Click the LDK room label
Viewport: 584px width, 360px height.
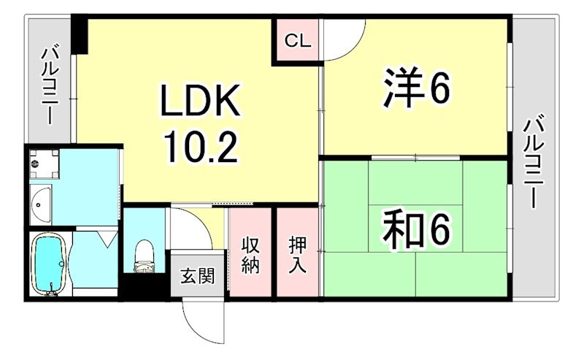[199, 100]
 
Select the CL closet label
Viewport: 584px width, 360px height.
[298, 41]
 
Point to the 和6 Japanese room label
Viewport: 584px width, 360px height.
[417, 229]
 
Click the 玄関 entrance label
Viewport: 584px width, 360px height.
[197, 276]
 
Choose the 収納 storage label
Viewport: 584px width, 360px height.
[250, 255]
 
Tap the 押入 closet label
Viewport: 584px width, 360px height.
[298, 255]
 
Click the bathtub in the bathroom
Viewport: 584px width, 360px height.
[50, 264]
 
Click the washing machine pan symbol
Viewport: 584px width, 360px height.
[45, 164]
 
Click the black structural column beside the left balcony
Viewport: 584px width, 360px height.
[79, 34]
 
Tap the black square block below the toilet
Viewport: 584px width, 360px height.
[145, 286]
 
